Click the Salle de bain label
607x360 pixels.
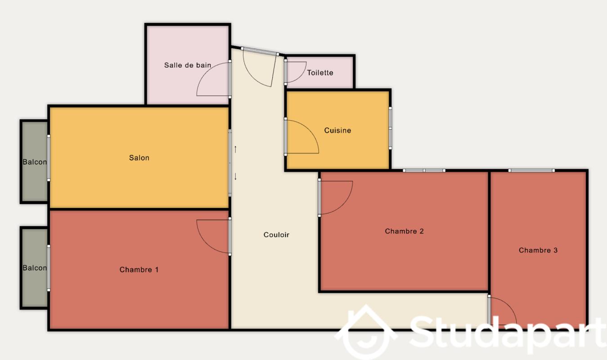pyautogui.click(x=188, y=65)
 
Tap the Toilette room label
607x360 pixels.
pyautogui.click(x=320, y=72)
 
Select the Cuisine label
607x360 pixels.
pyautogui.click(x=337, y=130)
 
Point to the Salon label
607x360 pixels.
pyautogui.click(x=139, y=158)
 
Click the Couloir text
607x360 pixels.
pyautogui.click(x=276, y=235)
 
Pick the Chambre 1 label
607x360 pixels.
pyautogui.click(x=139, y=270)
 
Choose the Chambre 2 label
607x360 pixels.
pyautogui.click(x=405, y=231)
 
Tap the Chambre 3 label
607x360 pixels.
pyautogui.click(x=538, y=250)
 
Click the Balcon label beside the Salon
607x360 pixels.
pyautogui.click(x=35, y=162)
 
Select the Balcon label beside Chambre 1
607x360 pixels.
pyautogui.click(x=35, y=268)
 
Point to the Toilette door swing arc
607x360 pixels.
pyautogui.click(x=301, y=76)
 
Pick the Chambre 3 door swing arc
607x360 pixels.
pyautogui.click(x=509, y=305)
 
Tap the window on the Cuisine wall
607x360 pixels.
pyautogui.click(x=390, y=128)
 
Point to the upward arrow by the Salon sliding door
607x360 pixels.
pyautogui.click(x=235, y=149)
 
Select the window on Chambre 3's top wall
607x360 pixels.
pyautogui.click(x=531, y=171)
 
